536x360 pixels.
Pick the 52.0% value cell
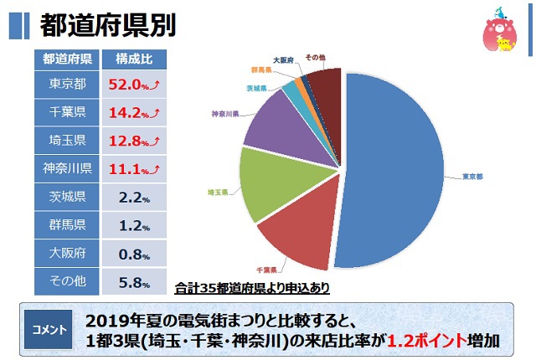134,85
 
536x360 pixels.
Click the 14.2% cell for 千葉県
134,113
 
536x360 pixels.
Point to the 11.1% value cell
134,168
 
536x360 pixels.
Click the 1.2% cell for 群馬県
134,224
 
